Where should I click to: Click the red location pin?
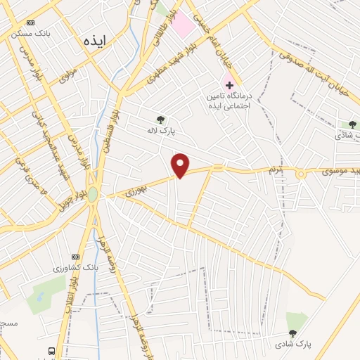pos(181,166)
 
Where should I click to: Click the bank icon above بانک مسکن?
pos(30,22)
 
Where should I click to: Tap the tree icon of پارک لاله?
pos(161,119)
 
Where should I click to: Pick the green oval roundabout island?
pos(93,194)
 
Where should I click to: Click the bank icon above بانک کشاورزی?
pos(77,257)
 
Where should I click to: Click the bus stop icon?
pos(51,351)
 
